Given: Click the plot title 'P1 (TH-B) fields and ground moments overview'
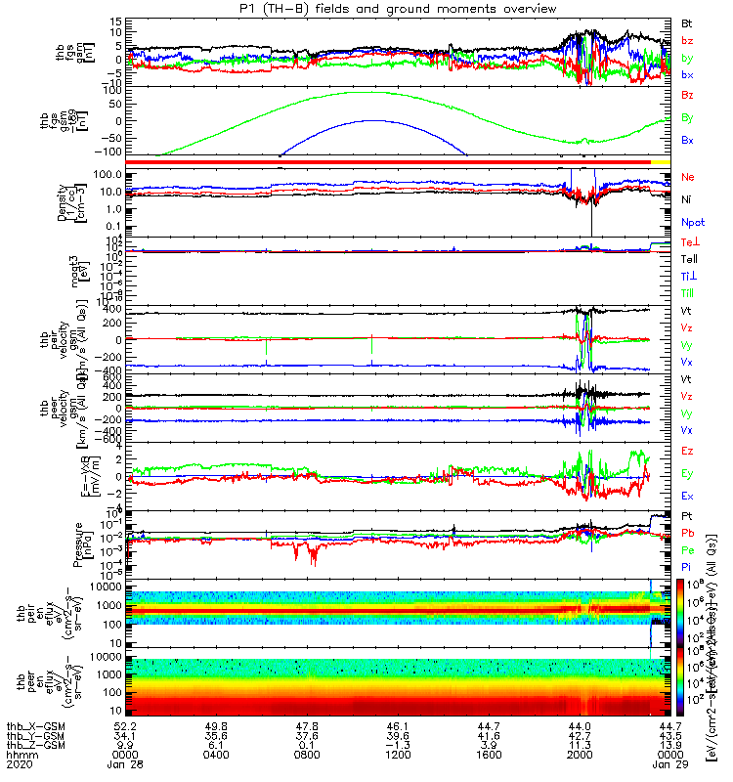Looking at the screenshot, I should (x=366, y=8).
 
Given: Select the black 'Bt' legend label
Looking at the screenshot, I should (x=688, y=22).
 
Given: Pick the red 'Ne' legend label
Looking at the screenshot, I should (x=688, y=178).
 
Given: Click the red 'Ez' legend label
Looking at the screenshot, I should (x=688, y=451).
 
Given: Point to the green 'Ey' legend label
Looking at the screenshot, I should (x=688, y=473).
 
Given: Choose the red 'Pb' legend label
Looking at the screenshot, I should (x=688, y=534).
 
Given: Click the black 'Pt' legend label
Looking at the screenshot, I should (x=688, y=518).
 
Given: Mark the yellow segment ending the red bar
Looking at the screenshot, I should (x=661, y=160).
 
